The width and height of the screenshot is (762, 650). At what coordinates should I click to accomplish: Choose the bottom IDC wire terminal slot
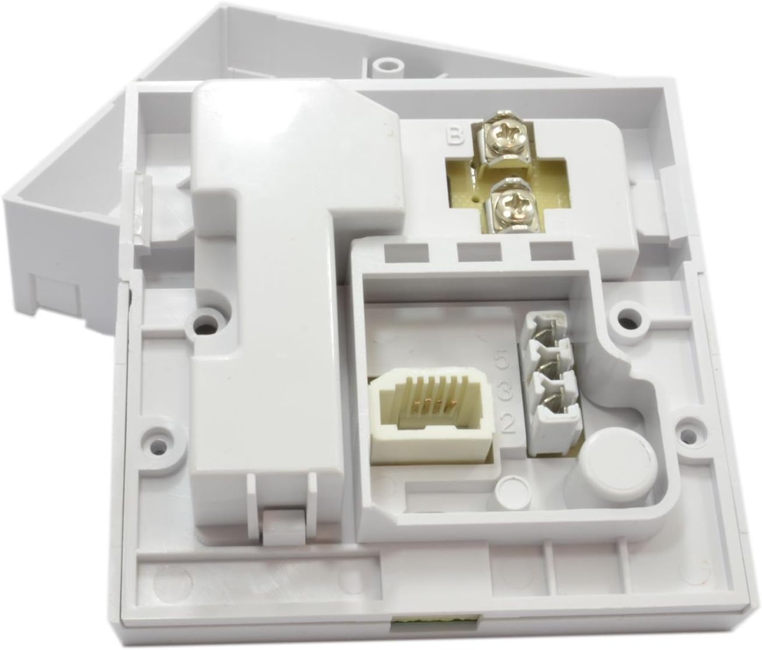tap(555, 412)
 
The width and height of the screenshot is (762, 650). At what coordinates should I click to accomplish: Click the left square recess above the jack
tap(407, 252)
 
